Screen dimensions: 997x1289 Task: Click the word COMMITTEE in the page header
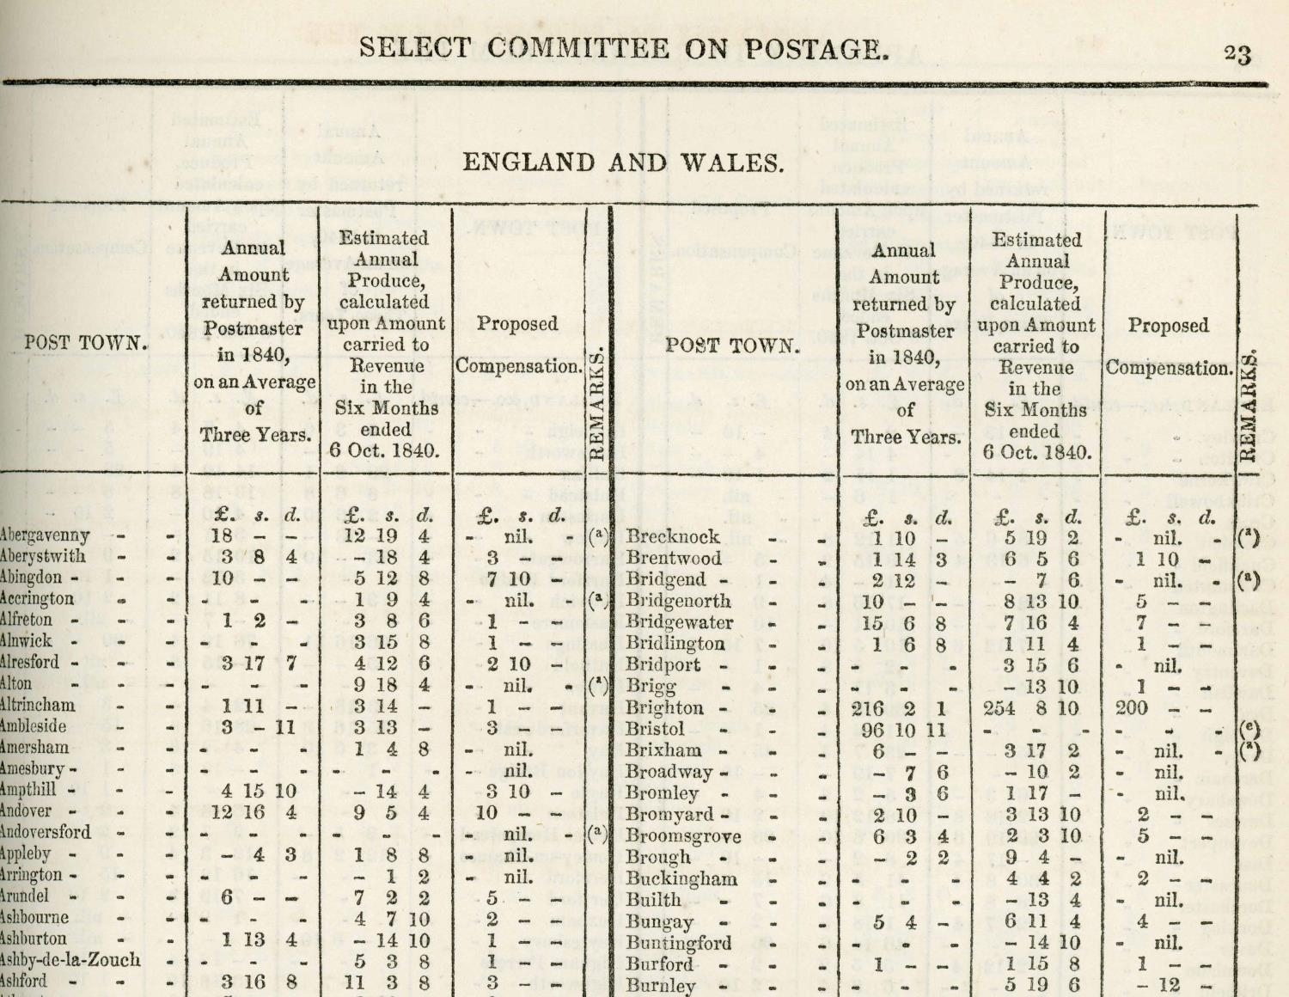point(573,48)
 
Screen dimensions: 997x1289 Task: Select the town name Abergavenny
point(46,535)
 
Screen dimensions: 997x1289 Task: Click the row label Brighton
point(665,708)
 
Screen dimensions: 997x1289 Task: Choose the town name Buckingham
point(681,878)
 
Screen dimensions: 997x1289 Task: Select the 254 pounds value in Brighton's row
point(999,708)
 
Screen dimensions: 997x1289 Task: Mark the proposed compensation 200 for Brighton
point(1132,708)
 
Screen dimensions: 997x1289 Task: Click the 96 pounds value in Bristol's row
point(873,729)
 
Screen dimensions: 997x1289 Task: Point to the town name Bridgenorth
point(678,601)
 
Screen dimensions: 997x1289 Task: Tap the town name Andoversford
point(46,832)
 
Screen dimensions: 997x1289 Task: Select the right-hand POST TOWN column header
point(733,346)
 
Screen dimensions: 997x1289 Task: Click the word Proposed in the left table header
point(517,324)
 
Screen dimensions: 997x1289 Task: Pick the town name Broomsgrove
point(683,835)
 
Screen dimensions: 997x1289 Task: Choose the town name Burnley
point(660,985)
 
